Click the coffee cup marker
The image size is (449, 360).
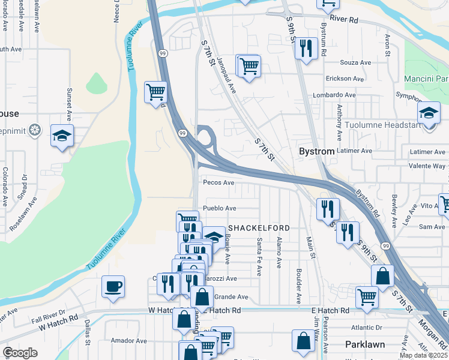tap(113, 287)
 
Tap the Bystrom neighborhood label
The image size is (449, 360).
tap(316, 152)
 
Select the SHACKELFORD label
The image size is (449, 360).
tap(259, 228)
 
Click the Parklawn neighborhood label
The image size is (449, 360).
tap(365, 344)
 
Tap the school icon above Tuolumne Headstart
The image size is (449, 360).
tap(429, 113)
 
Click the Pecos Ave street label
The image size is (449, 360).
tap(218, 182)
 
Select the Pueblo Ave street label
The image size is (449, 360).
tap(220, 208)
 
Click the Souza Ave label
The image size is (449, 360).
tap(340, 62)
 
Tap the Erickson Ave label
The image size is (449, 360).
tap(345, 79)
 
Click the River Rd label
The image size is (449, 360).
tap(343, 19)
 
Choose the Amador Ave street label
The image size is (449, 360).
tap(129, 340)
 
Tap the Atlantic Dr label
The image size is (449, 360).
tap(367, 328)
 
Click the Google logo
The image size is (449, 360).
tap(20, 353)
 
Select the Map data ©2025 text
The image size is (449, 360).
tap(423, 355)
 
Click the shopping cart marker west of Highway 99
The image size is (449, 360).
tap(155, 92)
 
